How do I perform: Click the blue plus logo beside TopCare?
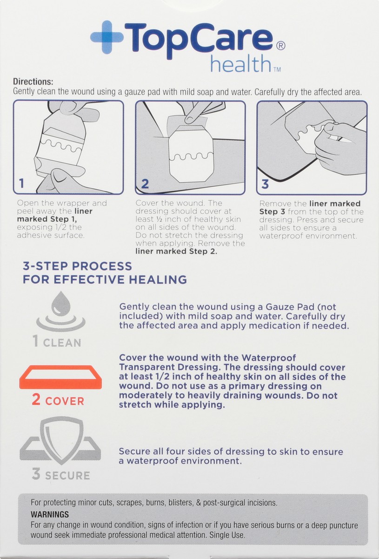click(x=106, y=39)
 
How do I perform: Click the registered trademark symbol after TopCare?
click(x=280, y=46)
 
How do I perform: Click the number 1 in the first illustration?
click(x=21, y=184)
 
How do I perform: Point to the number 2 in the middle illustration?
click(x=145, y=184)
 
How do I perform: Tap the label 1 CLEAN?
click(x=57, y=342)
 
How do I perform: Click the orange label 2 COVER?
click(x=58, y=401)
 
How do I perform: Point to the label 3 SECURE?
click(x=61, y=475)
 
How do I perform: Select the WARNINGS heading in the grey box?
click(x=49, y=515)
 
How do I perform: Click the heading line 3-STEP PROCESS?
click(x=77, y=266)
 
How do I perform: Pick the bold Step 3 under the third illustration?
click(x=269, y=211)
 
